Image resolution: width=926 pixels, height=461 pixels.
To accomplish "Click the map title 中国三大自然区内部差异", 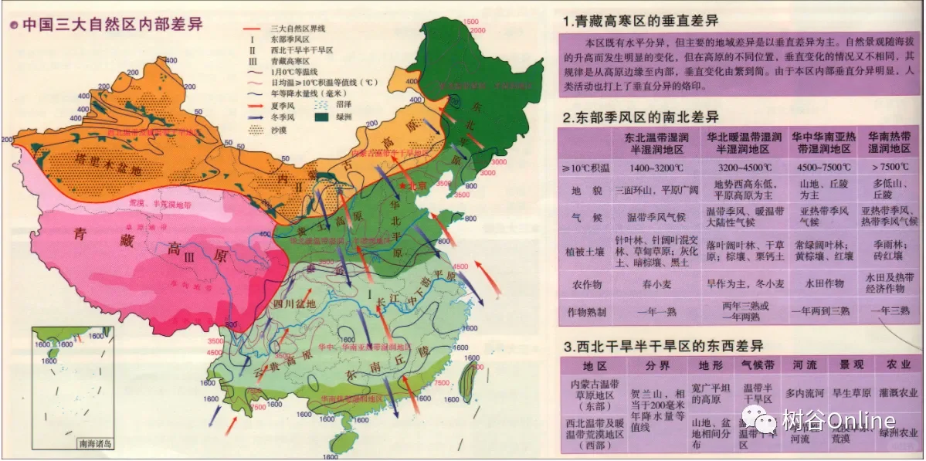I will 112,24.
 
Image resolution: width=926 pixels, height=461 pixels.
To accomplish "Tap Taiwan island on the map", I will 468,380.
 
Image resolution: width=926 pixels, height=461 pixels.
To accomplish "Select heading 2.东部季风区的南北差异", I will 641,117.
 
